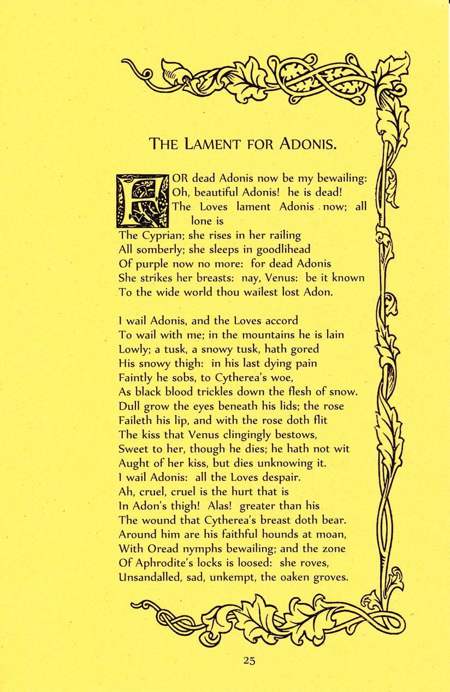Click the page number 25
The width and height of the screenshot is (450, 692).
coord(249,660)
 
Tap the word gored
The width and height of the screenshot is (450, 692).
coord(306,349)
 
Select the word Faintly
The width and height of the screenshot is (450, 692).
coord(137,377)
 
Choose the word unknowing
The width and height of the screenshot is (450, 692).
coord(283,463)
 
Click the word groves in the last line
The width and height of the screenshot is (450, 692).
coord(330,577)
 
